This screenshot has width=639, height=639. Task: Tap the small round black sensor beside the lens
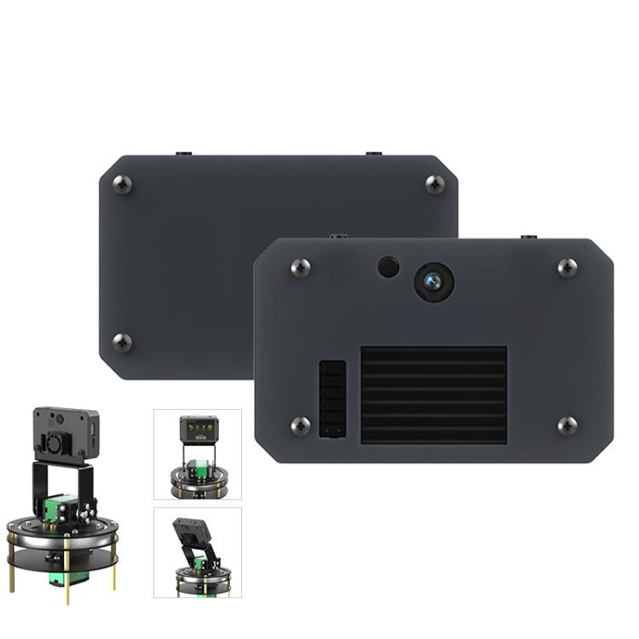pos(389,267)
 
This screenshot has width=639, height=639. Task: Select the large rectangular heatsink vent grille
pos(434,394)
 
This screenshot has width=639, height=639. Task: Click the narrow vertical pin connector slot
pos(332,399)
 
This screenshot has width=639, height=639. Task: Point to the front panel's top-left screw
pos(300,268)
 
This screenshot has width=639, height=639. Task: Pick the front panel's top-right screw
pos(567,268)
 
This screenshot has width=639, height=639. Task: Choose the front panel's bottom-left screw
pos(300,425)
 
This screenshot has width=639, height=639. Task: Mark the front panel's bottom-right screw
pos(567,425)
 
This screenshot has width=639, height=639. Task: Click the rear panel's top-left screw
pos(123,184)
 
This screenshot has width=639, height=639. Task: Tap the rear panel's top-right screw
pos(435,184)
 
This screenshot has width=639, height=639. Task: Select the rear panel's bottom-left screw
pos(123,343)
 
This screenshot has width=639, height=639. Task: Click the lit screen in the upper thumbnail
pos(199,425)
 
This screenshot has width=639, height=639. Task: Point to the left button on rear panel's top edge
pos(183,154)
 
